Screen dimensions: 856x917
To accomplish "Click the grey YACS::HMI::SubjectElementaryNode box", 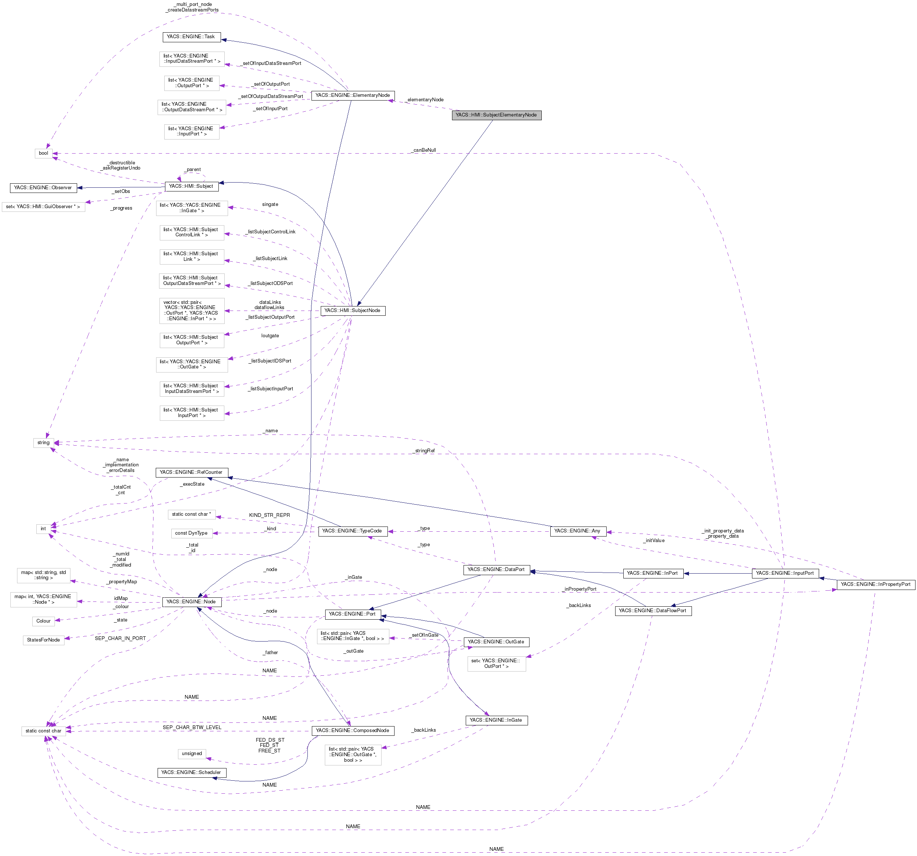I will [497, 115].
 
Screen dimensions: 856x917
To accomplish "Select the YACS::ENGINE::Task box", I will [191, 36].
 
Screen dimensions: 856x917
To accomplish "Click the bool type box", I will [43, 153].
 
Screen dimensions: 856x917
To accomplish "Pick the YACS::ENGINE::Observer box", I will [43, 188].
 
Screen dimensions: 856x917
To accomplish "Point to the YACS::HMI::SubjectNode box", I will [352, 311].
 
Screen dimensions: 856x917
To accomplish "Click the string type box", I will [43, 443].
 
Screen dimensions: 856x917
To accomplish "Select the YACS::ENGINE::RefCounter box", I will [191, 472].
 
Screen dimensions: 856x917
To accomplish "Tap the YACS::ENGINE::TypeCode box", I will [352, 531].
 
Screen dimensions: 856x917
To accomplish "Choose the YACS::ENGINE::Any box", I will [577, 531].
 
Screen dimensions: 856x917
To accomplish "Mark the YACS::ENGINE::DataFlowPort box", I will [653, 610].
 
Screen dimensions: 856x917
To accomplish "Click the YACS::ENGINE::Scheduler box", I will [191, 772].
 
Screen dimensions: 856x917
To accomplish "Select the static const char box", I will [43, 731].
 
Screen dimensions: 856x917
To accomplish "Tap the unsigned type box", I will [192, 754].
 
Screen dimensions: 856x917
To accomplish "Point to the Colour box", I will [43, 621].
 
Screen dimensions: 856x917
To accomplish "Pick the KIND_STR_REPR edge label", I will [269, 515].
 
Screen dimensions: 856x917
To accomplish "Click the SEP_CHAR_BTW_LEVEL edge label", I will [192, 727].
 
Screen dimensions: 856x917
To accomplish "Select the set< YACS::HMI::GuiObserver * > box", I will [43, 207].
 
